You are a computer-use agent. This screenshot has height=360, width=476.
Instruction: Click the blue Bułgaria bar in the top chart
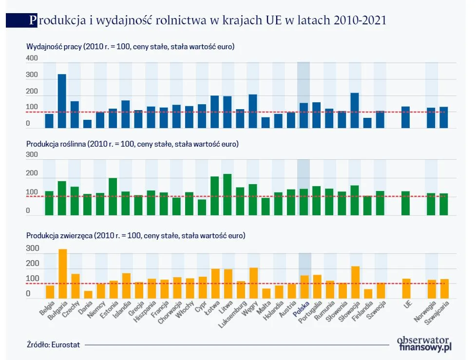click(62, 101)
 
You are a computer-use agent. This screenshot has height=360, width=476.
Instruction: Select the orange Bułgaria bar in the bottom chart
click(62, 274)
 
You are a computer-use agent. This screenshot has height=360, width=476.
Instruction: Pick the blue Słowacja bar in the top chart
click(354, 111)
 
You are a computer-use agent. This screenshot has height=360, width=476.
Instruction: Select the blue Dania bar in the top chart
click(87, 124)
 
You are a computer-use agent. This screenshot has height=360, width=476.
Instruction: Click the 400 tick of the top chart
click(32, 58)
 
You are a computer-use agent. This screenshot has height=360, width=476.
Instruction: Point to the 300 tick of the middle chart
click(32, 155)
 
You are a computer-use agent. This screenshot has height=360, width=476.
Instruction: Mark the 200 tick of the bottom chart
click(32, 264)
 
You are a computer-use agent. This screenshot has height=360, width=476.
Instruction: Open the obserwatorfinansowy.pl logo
click(424, 343)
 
